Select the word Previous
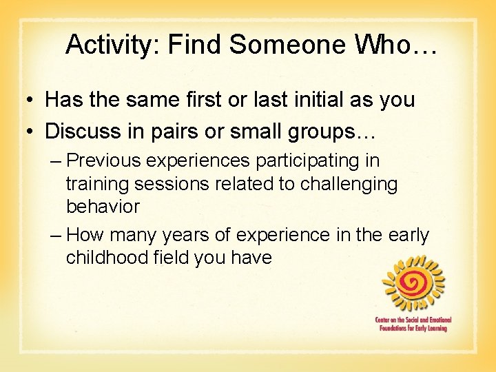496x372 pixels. [110, 161]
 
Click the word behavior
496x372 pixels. [103, 206]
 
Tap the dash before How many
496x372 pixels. [56, 235]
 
